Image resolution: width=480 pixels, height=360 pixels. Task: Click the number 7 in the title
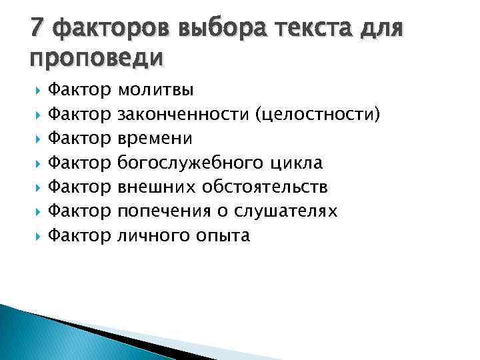pyautogui.click(x=38, y=28)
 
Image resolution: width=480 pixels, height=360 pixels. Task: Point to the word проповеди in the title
pyautogui.click(x=96, y=59)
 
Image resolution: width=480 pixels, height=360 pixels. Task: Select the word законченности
pyautogui.click(x=183, y=114)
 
